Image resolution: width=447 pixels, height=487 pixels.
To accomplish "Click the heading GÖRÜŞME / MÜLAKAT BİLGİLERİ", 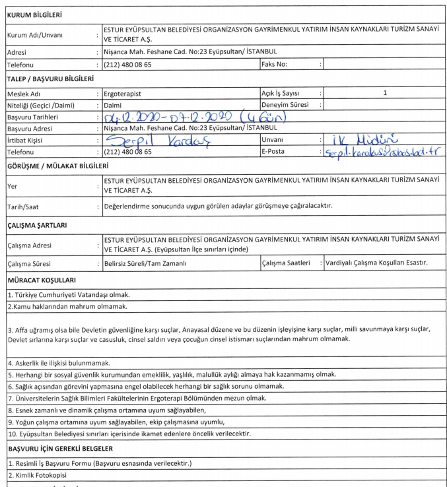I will [55, 166].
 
